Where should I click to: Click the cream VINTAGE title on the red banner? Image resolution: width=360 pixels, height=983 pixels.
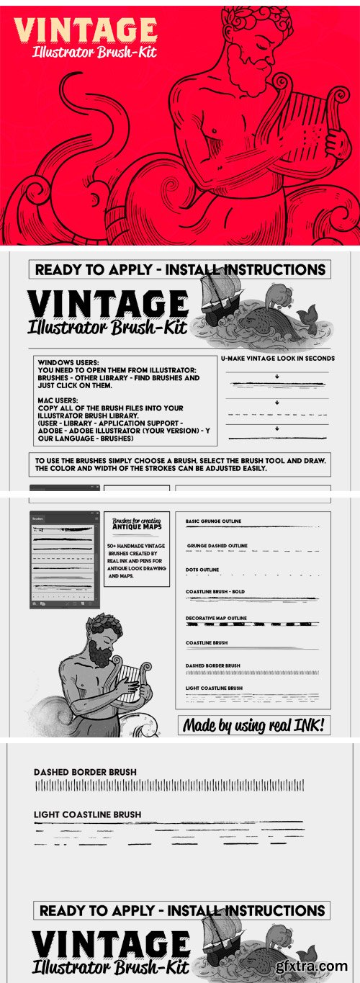[x=86, y=31]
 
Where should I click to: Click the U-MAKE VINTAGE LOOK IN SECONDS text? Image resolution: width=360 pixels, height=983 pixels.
[x=277, y=358]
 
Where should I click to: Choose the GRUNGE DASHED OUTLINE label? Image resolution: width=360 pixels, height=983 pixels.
[x=217, y=546]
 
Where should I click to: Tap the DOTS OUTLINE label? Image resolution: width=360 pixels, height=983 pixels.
[x=203, y=570]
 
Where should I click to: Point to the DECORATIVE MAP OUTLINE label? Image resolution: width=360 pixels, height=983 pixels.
[x=216, y=618]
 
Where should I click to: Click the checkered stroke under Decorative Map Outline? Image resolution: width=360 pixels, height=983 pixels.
[x=252, y=624]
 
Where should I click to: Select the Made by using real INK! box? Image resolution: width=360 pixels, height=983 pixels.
[x=254, y=725]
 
